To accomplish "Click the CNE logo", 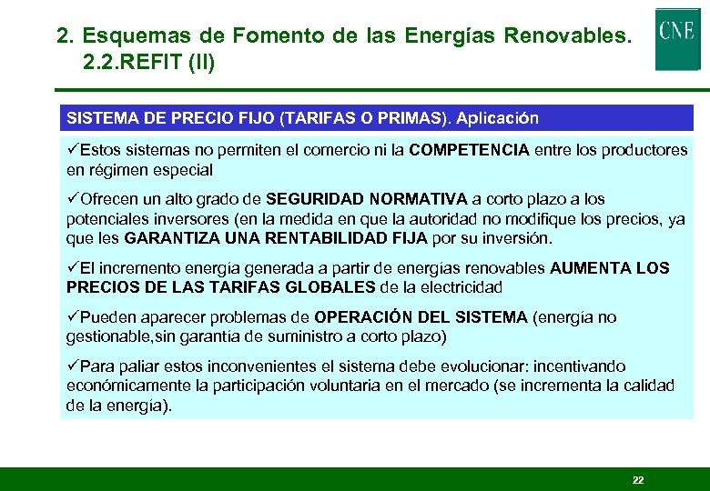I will (x=677, y=38).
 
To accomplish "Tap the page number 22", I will (x=638, y=479).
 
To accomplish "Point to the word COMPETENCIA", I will (x=469, y=150).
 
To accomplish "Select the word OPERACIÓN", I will (x=359, y=317).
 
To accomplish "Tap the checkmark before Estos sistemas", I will (x=73, y=150).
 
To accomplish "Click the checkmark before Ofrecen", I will (x=73, y=199).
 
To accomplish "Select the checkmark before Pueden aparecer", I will (x=73, y=317).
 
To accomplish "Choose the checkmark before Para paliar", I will (x=73, y=366).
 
